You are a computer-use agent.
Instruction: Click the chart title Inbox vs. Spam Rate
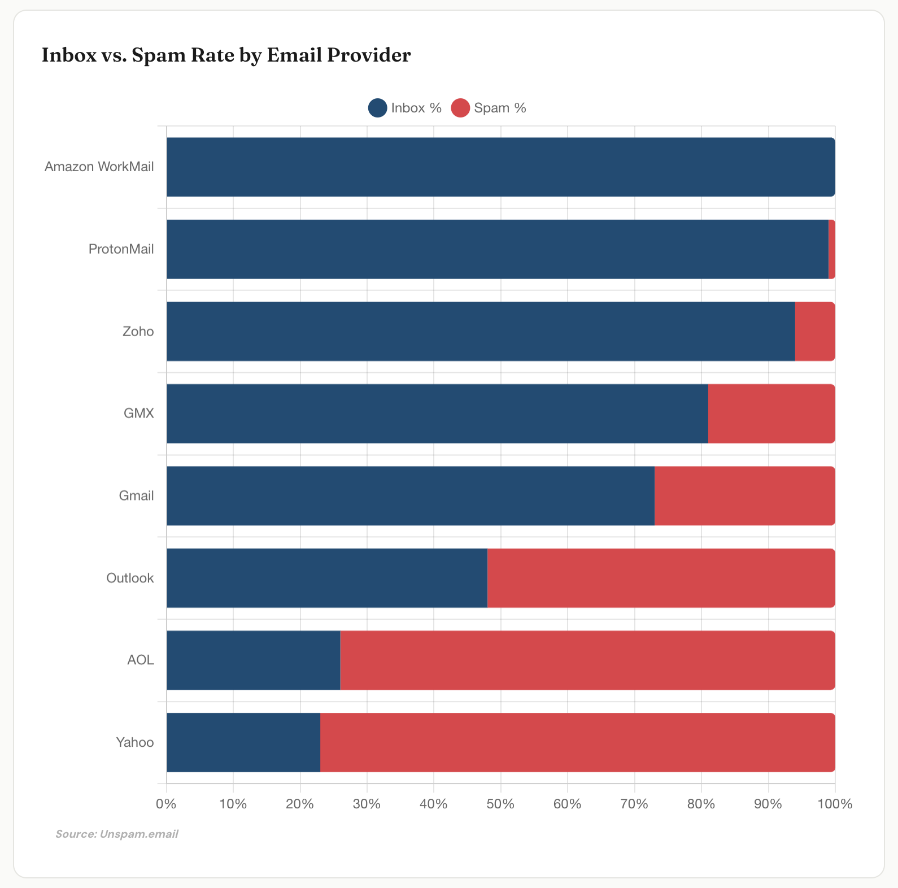pos(226,55)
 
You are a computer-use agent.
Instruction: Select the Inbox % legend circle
pos(377,108)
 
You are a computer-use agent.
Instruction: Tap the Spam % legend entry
pos(489,108)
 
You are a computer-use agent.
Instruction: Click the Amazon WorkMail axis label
pos(99,167)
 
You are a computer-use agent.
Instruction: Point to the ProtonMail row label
pos(121,249)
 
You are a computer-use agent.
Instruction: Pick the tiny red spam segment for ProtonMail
pos(832,249)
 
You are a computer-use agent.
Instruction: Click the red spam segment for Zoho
pos(815,332)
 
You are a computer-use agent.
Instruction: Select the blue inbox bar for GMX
pos(437,413)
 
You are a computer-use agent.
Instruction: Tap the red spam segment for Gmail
pos(744,496)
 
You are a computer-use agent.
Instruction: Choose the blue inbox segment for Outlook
pos(327,578)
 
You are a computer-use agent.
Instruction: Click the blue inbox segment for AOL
pos(253,660)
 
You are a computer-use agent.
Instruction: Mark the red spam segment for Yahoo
pos(577,742)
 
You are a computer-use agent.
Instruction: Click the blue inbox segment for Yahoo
pos(243,742)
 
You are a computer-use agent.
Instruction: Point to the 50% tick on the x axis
pos(500,804)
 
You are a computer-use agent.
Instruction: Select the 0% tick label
pos(166,804)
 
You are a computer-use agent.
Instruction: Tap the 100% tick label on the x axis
pos(835,804)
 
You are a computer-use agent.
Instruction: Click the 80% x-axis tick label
pos(701,804)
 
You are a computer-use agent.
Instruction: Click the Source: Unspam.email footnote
pos(117,834)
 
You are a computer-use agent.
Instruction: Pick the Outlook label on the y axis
pos(130,578)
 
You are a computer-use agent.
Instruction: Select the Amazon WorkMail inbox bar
pos(500,167)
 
